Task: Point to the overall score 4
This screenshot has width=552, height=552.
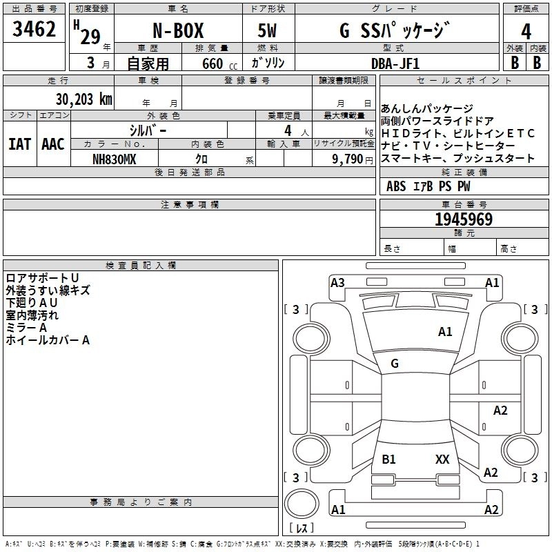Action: click(526, 32)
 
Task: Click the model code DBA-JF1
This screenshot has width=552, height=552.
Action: click(395, 63)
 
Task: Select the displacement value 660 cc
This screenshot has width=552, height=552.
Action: click(208, 63)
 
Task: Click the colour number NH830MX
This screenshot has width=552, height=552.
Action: click(115, 159)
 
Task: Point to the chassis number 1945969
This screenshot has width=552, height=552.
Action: click(463, 219)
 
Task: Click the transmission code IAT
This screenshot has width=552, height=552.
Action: click(20, 144)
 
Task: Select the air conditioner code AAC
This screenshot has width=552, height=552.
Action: click(53, 144)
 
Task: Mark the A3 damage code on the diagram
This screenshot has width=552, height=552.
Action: click(337, 282)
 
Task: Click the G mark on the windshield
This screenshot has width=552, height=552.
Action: click(395, 363)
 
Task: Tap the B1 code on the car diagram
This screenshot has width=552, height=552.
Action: click(388, 459)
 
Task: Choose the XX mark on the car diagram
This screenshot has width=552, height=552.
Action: click(442, 459)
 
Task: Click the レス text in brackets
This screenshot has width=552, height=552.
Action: click(301, 528)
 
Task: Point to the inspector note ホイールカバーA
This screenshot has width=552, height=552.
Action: click(48, 339)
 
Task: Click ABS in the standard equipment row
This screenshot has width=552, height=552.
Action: click(396, 186)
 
